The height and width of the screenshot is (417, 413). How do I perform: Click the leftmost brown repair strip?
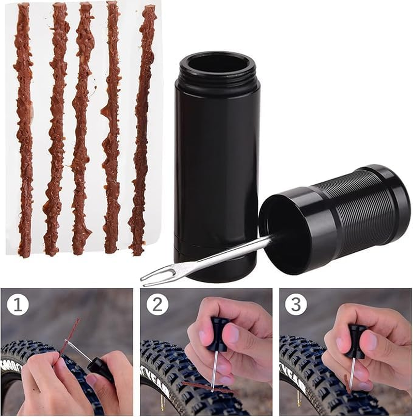(24, 129)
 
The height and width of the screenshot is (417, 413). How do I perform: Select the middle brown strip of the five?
(82, 129)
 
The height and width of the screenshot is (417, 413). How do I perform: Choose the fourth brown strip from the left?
(111, 129)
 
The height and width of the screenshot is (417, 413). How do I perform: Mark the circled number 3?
(296, 305)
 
